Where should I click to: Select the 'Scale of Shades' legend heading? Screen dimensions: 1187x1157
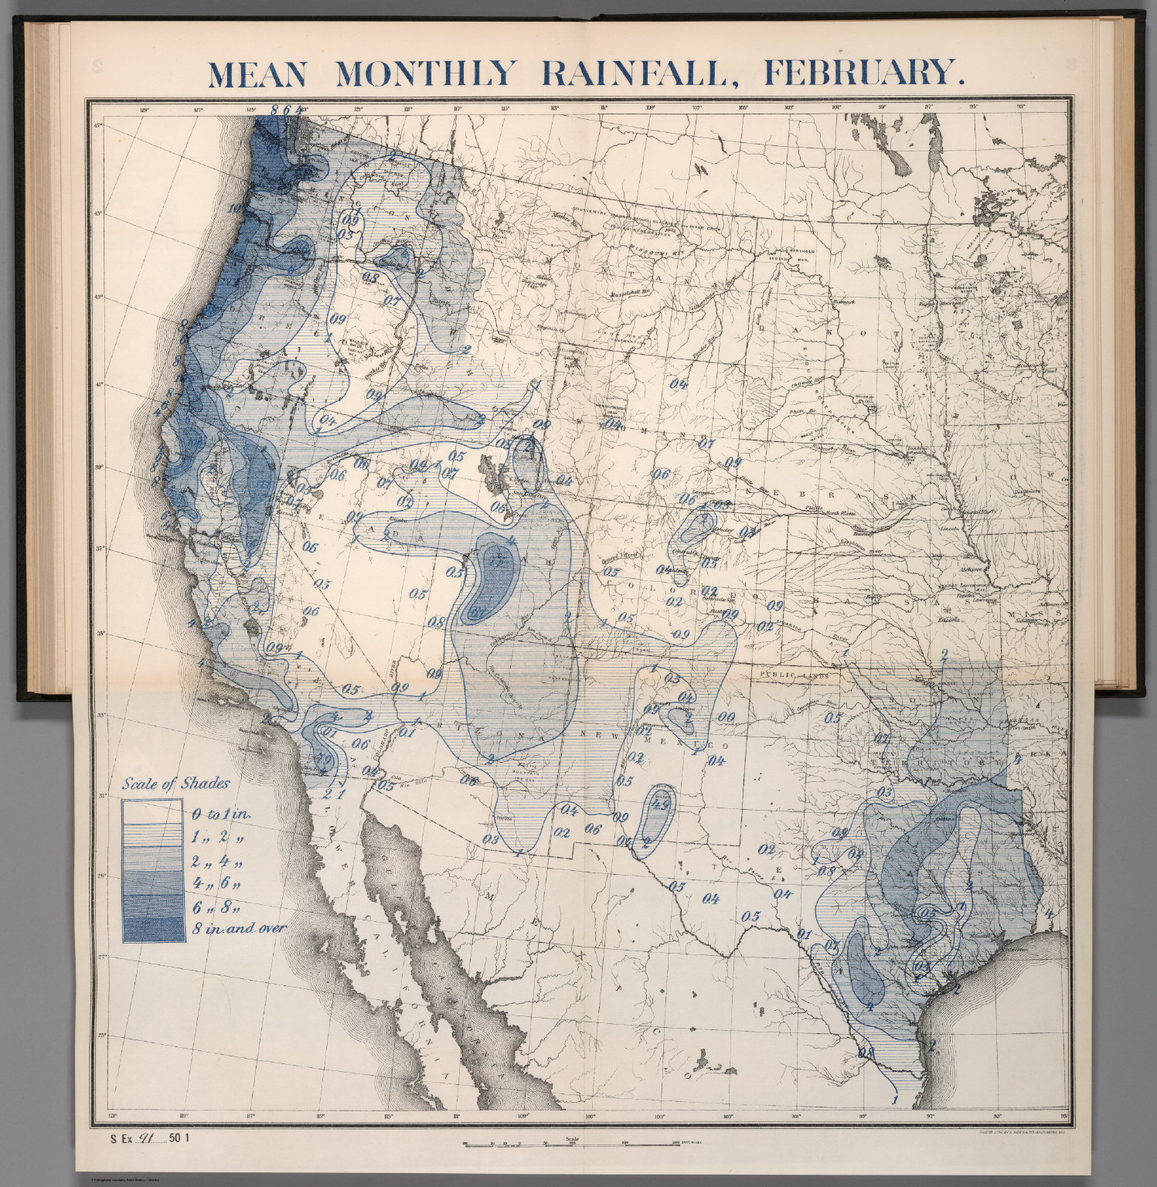[176, 784]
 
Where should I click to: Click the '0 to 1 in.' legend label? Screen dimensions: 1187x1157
[222, 814]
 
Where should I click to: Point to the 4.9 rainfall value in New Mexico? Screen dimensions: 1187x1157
[660, 804]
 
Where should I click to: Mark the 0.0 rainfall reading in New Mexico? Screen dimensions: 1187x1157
[727, 718]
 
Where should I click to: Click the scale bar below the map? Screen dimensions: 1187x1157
[572, 1145]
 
